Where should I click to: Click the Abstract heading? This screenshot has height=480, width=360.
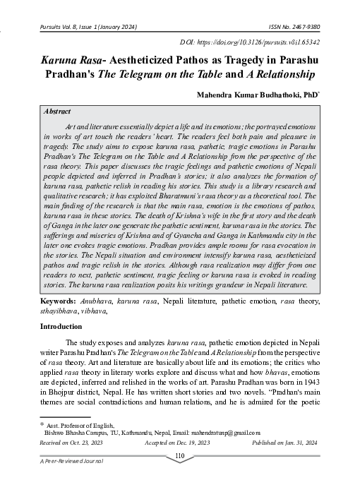[x=56, y=112]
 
